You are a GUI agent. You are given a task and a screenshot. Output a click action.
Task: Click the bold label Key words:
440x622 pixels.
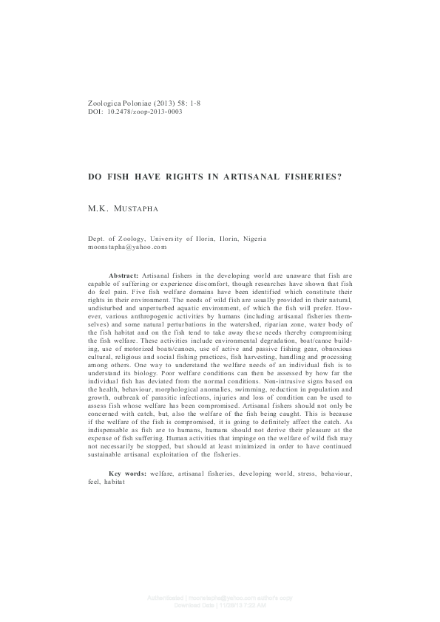pyautogui.click(x=128, y=451)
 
